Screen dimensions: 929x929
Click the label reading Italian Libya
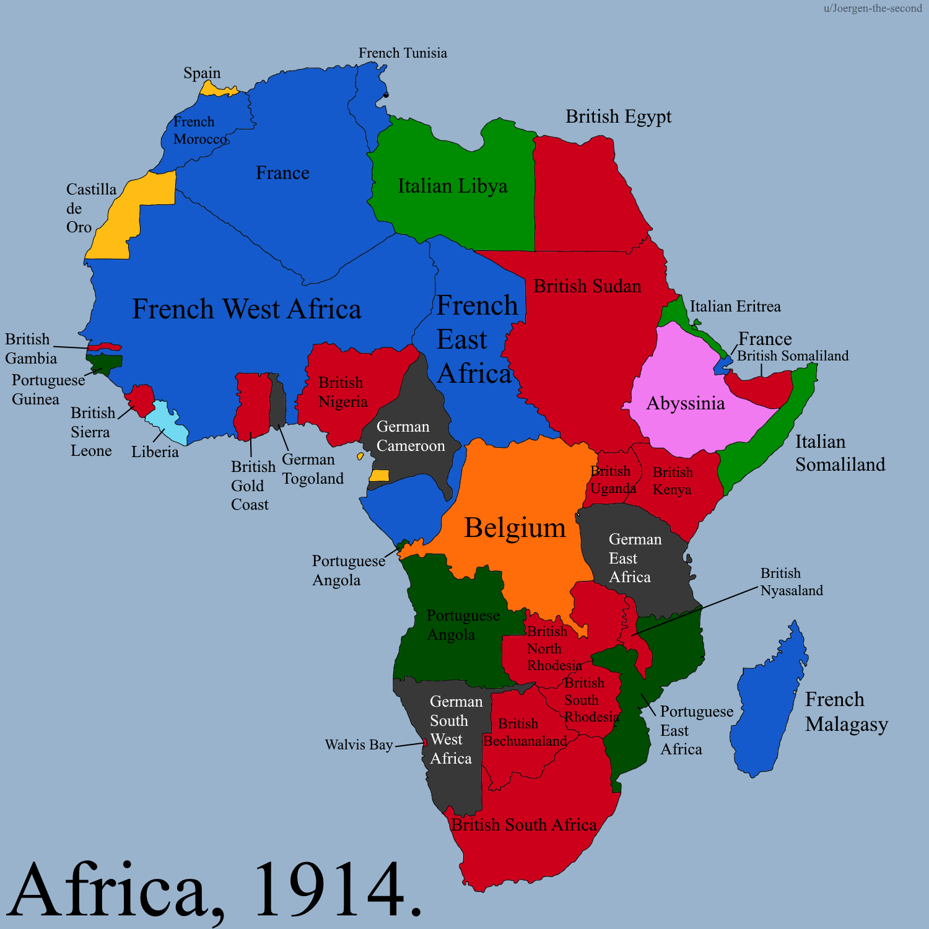[452, 186]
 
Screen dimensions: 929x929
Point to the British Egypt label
[618, 116]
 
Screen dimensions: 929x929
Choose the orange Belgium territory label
[515, 528]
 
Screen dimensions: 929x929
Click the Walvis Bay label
[359, 744]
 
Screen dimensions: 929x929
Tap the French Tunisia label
[403, 53]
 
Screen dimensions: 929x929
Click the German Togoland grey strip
[277, 403]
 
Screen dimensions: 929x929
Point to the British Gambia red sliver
[105, 347]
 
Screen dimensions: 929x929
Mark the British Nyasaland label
[791, 582]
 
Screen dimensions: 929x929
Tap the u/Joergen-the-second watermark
[872, 9]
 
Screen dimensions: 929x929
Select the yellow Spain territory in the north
[217, 90]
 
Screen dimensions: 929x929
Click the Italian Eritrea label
[735, 307]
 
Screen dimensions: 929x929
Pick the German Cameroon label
[410, 436]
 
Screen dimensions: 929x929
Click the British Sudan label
[587, 286]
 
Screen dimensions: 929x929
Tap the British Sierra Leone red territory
[142, 398]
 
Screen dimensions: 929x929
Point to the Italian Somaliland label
[840, 453]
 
